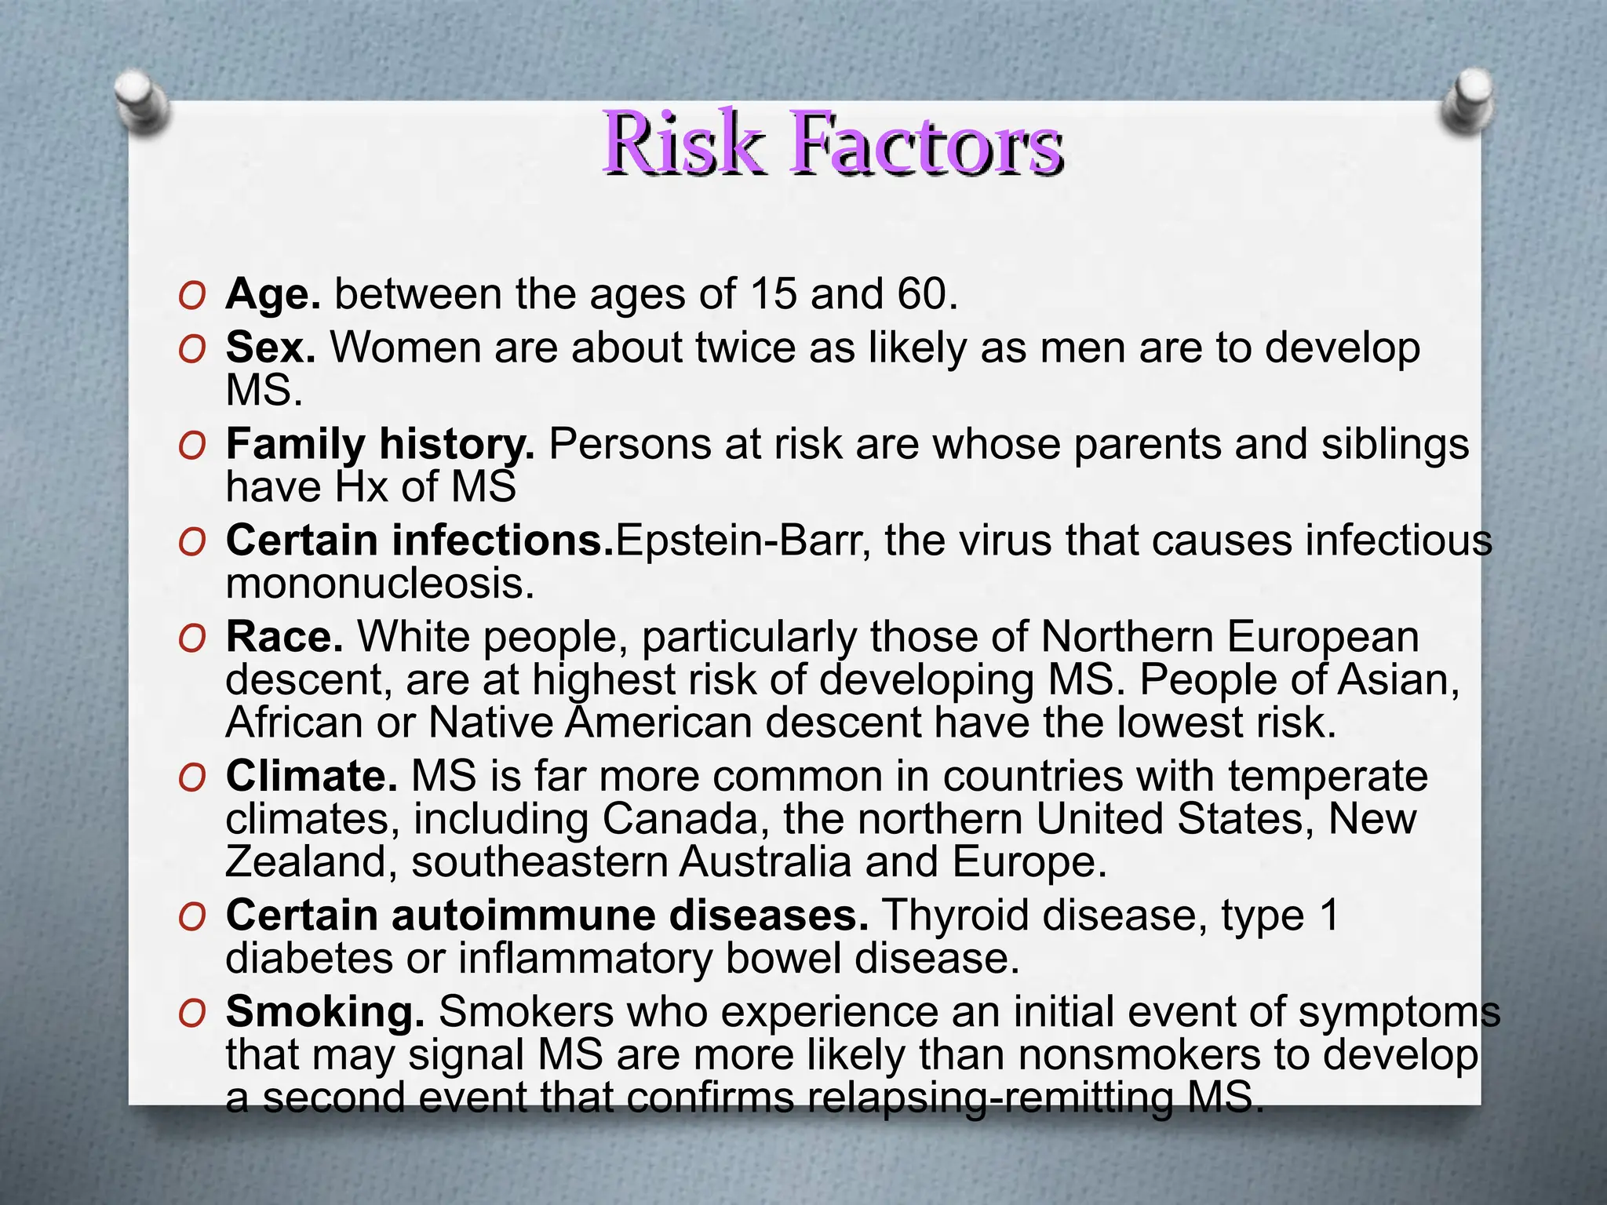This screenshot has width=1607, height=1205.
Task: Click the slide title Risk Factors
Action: tap(833, 143)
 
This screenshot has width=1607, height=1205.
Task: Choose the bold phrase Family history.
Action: tap(381, 445)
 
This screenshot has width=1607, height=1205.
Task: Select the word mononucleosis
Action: tap(380, 584)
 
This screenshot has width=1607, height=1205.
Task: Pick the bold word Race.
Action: tap(285, 636)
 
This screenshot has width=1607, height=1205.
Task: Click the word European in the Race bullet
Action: tap(1322, 636)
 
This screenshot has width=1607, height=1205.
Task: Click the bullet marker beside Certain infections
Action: tap(192, 542)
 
